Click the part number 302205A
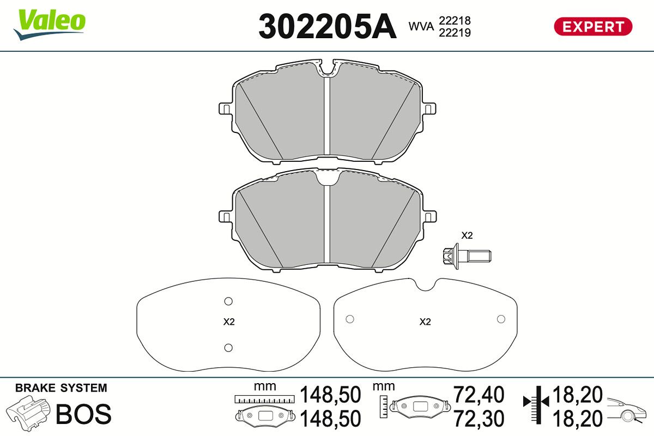pos(328,27)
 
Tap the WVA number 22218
pos(455,21)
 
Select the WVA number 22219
pos(455,33)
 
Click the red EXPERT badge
pos(593,27)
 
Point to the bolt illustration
pos(467,256)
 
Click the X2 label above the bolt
pos(467,235)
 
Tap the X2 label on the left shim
pos(229,322)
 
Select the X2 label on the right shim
pos(425,322)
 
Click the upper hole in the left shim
pos(228,301)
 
